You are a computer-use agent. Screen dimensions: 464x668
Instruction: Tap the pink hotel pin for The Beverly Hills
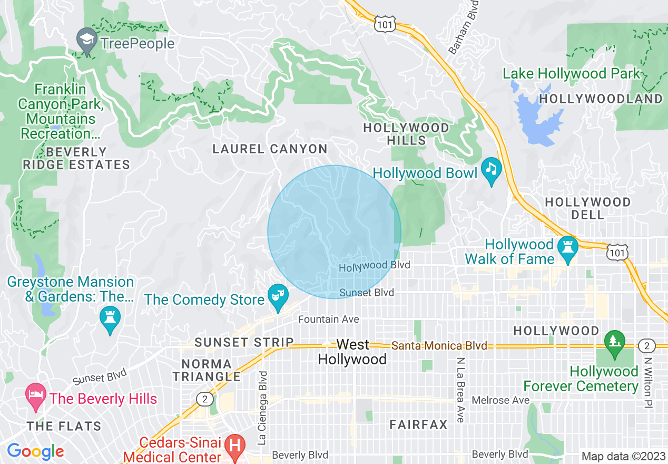click(36, 395)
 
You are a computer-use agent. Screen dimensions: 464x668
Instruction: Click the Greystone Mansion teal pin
click(110, 318)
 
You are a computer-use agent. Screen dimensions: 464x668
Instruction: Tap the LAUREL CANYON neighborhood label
click(270, 149)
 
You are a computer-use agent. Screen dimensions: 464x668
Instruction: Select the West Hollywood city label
click(352, 352)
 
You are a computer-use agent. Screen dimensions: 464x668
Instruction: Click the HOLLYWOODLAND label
click(601, 99)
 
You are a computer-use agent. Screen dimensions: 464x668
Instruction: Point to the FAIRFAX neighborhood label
click(418, 424)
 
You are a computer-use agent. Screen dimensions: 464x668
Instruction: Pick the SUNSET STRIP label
click(244, 342)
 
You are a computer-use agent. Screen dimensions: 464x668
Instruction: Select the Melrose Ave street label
click(500, 400)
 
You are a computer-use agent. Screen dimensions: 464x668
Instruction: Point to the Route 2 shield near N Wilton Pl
click(646, 346)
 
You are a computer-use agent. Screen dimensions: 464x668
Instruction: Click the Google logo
click(35, 451)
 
